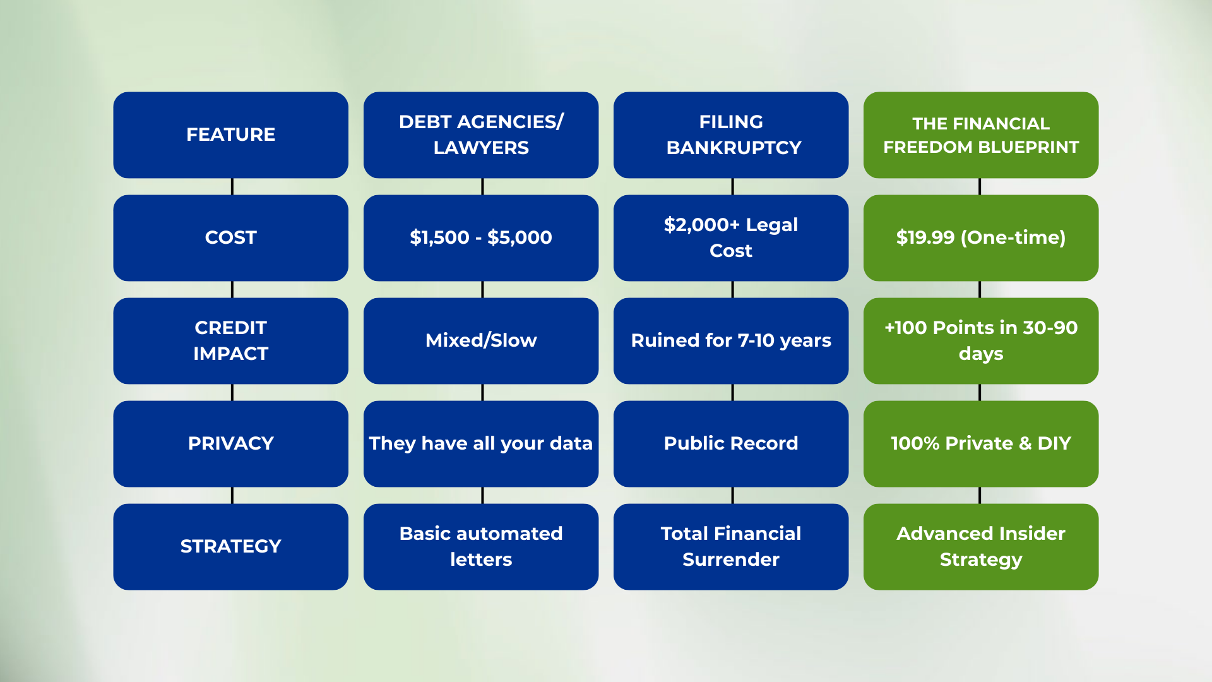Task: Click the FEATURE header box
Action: click(230, 135)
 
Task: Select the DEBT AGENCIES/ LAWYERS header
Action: click(481, 135)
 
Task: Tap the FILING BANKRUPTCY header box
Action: click(731, 135)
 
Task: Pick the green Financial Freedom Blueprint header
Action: click(981, 135)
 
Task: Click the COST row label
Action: click(230, 237)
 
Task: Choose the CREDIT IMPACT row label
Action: click(230, 340)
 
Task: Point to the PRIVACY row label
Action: click(230, 443)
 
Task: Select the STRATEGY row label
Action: click(230, 546)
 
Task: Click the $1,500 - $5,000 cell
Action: click(481, 237)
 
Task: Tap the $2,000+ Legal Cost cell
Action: click(731, 237)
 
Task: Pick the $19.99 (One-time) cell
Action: click(981, 237)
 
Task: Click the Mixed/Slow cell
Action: click(481, 340)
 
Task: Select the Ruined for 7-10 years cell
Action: click(731, 340)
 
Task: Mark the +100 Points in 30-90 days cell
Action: click(981, 340)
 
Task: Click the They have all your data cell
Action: click(481, 443)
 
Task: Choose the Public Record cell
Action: click(731, 443)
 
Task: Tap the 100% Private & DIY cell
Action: click(981, 443)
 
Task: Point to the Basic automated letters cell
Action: click(481, 546)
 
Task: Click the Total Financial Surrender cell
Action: click(731, 546)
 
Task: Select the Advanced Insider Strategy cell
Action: click(981, 546)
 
